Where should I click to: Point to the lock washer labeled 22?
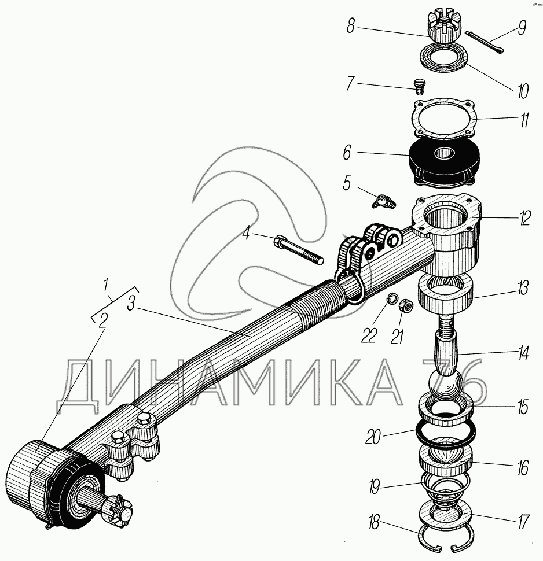(x=391, y=300)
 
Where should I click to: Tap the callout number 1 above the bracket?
(x=105, y=285)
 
